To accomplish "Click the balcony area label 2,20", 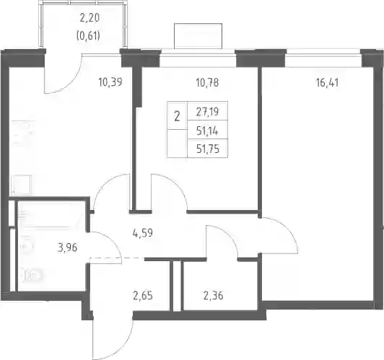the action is pos(90,18).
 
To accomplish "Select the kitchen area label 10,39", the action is pos(110,82).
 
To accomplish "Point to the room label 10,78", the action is pos(207,83).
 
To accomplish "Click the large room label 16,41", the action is pos(328,83).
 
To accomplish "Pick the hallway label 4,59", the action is pos(142,232).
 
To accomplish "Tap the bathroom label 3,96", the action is pos(67,247).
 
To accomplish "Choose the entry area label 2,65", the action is pos(143,296).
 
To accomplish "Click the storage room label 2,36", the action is pos(214,296).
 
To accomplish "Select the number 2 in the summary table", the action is pos(177,116).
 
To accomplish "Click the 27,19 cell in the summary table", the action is pos(207,112).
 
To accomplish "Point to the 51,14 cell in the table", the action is pos(207,131).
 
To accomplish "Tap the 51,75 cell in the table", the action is pos(208,149).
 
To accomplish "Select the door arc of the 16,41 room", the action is pos(285,227).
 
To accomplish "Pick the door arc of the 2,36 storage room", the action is pos(227,235).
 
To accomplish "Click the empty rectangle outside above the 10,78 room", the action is pos(198,36).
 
